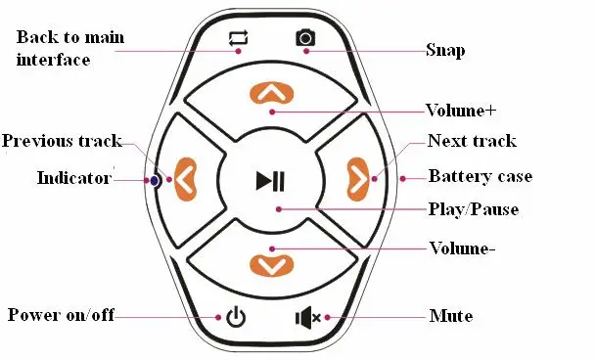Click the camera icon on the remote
coord(305,37)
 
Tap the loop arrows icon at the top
coord(239,38)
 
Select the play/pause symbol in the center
coord(270,181)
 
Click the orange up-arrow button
coord(272,93)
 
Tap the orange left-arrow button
coord(186,179)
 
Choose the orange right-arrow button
coord(357,179)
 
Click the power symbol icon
coord(236,317)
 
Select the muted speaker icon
coord(308,318)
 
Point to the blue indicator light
coord(155,181)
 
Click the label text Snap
coord(445,51)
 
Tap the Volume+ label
coord(461,111)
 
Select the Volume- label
coord(462,248)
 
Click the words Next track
coord(472,141)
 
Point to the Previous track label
coord(62,141)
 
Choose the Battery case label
coord(481,176)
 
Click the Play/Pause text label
coord(474,209)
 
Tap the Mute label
coord(451,316)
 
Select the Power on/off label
coord(61,315)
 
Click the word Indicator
coord(74,178)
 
